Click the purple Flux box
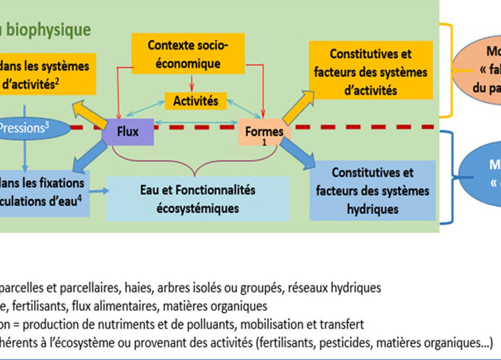tap(127, 132)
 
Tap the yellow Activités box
tap(195, 102)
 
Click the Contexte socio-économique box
tap(188, 55)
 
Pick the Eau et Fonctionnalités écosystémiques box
tap(198, 199)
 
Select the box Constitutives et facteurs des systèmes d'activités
tap(370, 72)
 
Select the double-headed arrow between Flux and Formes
tap(195, 122)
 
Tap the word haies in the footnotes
tap(136, 288)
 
